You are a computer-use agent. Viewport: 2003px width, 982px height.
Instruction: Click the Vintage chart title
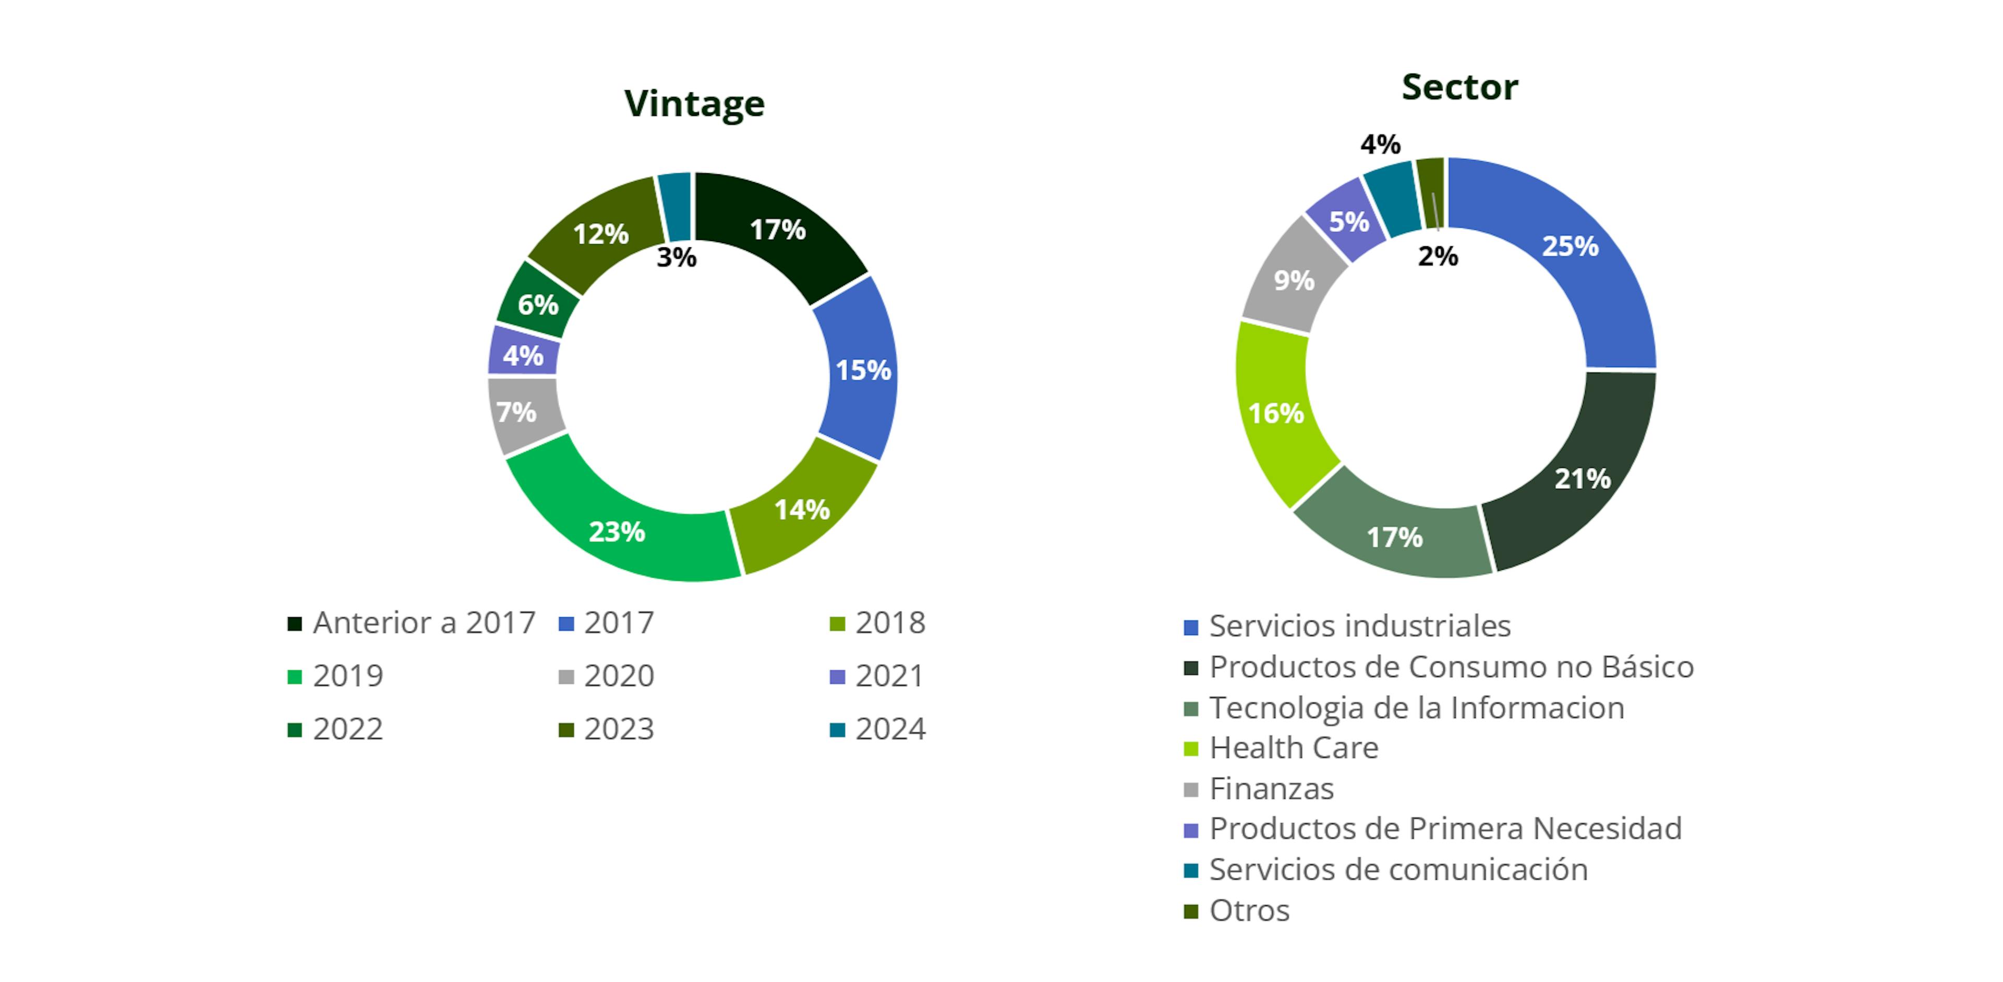pyautogui.click(x=694, y=103)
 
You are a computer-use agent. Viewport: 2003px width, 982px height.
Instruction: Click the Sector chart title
pyautogui.click(x=1459, y=87)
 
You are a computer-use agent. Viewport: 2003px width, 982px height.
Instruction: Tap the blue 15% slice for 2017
pyautogui.click(x=862, y=370)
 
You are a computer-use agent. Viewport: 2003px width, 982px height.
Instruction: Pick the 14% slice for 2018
pyautogui.click(x=802, y=510)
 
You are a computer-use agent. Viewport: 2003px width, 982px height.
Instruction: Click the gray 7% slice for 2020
pyautogui.click(x=517, y=412)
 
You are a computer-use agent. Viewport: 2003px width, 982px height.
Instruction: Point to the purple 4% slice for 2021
pyautogui.click(x=523, y=355)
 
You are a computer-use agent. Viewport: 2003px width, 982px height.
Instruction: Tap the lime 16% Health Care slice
pyautogui.click(x=1276, y=413)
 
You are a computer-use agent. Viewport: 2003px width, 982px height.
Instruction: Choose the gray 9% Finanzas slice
pyautogui.click(x=1294, y=280)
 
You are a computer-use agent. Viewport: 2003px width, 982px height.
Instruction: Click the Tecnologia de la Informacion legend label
pyautogui.click(x=1417, y=708)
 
